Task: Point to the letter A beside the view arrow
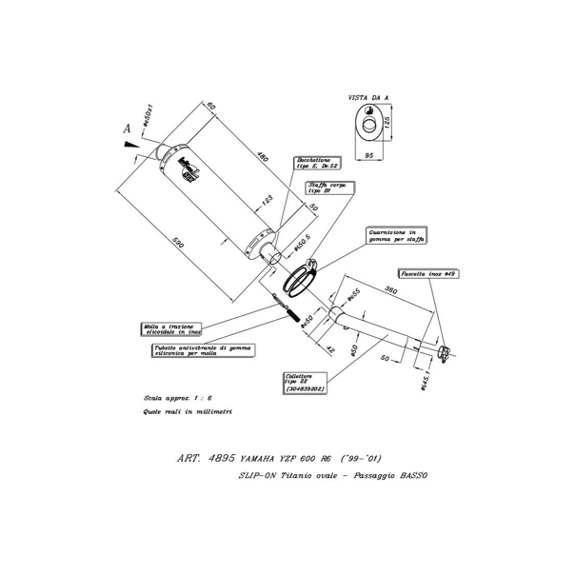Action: click(126, 126)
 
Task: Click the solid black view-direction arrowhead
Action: click(130, 144)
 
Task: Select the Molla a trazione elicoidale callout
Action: click(174, 330)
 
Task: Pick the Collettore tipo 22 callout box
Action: click(308, 383)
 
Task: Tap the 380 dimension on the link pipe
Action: click(389, 288)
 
